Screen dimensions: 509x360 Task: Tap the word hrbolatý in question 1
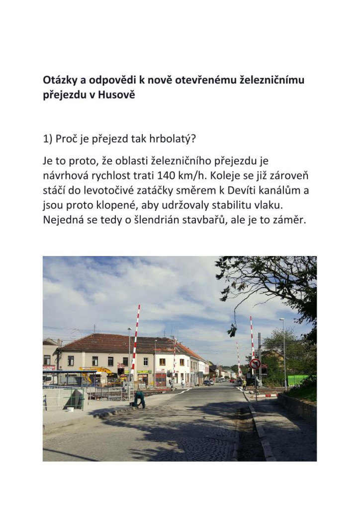(x=172, y=139)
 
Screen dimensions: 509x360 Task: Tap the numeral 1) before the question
(x=48, y=139)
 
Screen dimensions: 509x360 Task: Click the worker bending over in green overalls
(x=139, y=399)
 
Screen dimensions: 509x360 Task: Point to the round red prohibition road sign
(x=255, y=363)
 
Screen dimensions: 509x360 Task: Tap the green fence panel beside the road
(x=298, y=380)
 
